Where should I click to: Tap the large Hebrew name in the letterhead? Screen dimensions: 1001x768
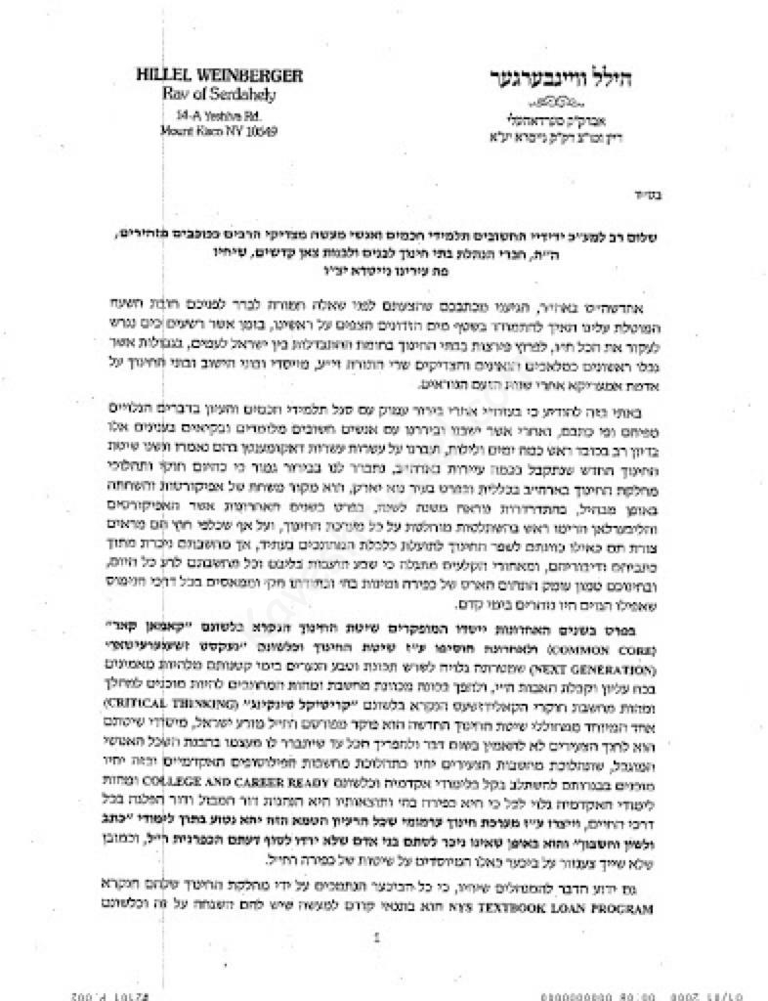click(x=557, y=77)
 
